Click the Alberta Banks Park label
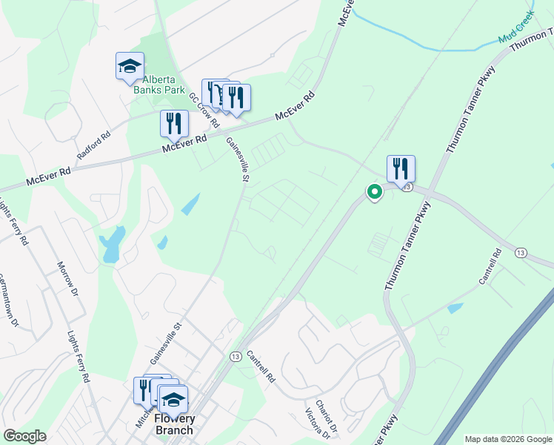pyautogui.click(x=158, y=85)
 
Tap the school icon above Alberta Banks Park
pyautogui.click(x=130, y=66)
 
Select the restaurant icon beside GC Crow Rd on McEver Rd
pyautogui.click(x=174, y=123)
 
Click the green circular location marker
pyautogui.click(x=375, y=192)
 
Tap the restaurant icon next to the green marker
pyautogui.click(x=401, y=168)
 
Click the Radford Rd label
pyautogui.click(x=94, y=146)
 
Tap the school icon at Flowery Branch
pyautogui.click(x=173, y=400)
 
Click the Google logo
pyautogui.click(x=24, y=436)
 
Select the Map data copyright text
pyautogui.click(x=508, y=439)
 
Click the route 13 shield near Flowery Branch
pyautogui.click(x=234, y=357)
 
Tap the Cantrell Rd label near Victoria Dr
pyautogui.click(x=261, y=366)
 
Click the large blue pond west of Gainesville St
pyautogui.click(x=114, y=245)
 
